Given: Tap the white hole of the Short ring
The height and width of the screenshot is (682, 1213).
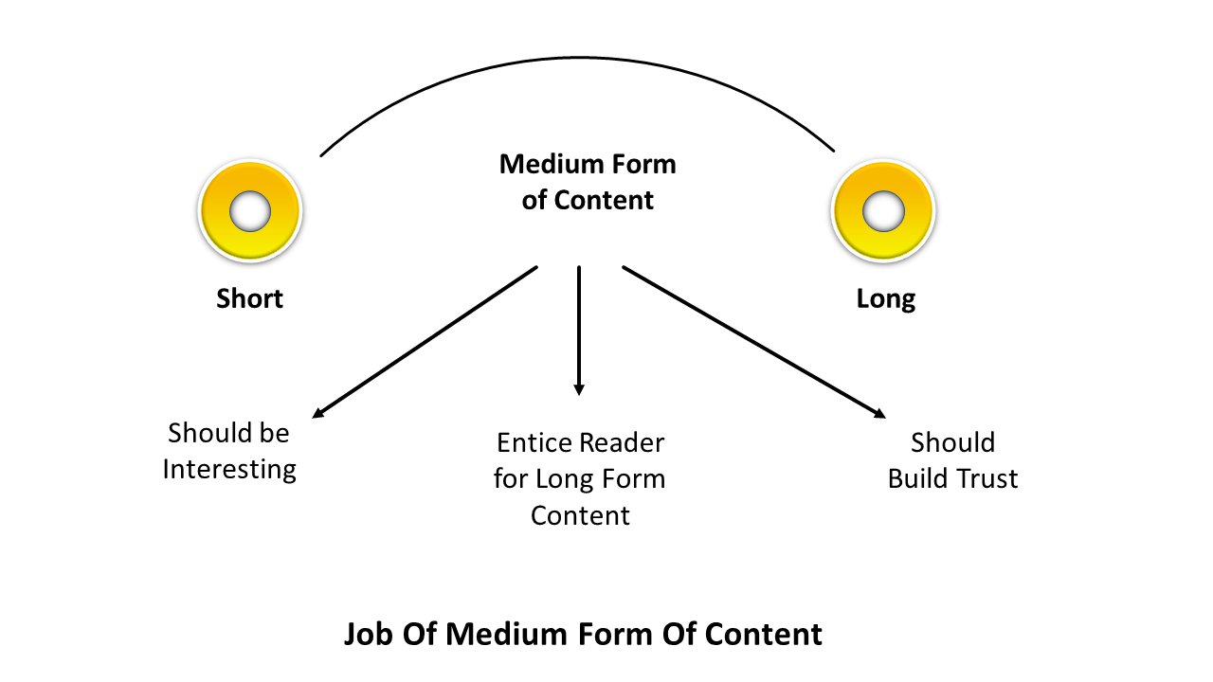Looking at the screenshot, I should [250, 211].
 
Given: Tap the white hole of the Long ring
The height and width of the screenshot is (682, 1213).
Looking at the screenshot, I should [883, 211].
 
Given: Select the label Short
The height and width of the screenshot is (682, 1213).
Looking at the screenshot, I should [250, 299].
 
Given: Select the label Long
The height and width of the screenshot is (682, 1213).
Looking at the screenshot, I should [886, 299].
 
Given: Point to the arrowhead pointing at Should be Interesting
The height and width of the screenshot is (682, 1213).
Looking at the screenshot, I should [319, 412].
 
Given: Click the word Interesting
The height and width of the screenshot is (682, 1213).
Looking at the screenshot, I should [229, 469].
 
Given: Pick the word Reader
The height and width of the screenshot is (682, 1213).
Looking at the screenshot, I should [623, 442].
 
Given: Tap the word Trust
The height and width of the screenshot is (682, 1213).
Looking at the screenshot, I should [986, 478].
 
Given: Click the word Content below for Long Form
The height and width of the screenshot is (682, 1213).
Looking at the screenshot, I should [580, 515].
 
